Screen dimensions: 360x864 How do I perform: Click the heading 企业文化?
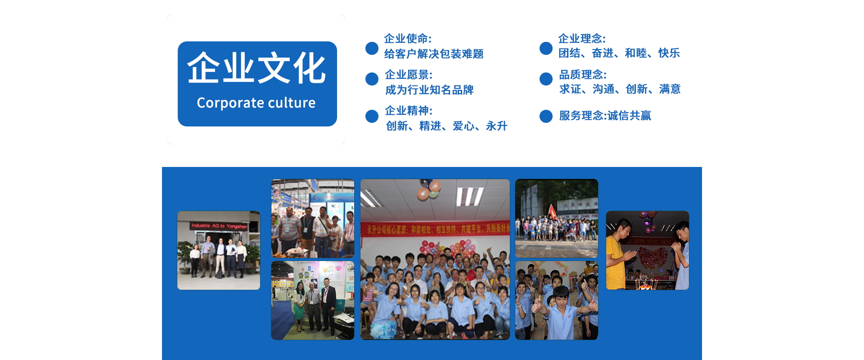point(256,68)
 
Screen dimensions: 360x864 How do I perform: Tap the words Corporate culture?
point(256,103)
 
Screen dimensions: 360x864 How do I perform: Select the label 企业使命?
point(408,39)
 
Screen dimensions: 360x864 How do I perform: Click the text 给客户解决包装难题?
point(433,54)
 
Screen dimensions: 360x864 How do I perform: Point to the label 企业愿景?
point(409,75)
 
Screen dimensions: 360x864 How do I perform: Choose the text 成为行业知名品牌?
point(429,90)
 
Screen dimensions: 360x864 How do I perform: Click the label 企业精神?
point(409,111)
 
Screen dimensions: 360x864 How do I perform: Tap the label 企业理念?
point(582,39)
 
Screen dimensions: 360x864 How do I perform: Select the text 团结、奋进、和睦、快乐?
point(619,53)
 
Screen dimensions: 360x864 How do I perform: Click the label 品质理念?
point(583,75)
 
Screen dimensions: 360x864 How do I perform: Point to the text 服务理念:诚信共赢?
point(605,116)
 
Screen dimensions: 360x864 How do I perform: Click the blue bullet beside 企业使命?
point(372,48)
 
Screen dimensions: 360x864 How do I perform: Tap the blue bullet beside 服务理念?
point(546,116)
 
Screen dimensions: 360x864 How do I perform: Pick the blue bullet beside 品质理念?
point(546,79)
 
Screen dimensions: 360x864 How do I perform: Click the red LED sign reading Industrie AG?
point(219,226)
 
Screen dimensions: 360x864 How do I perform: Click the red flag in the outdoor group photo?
point(553,211)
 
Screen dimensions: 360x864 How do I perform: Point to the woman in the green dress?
point(299,304)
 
